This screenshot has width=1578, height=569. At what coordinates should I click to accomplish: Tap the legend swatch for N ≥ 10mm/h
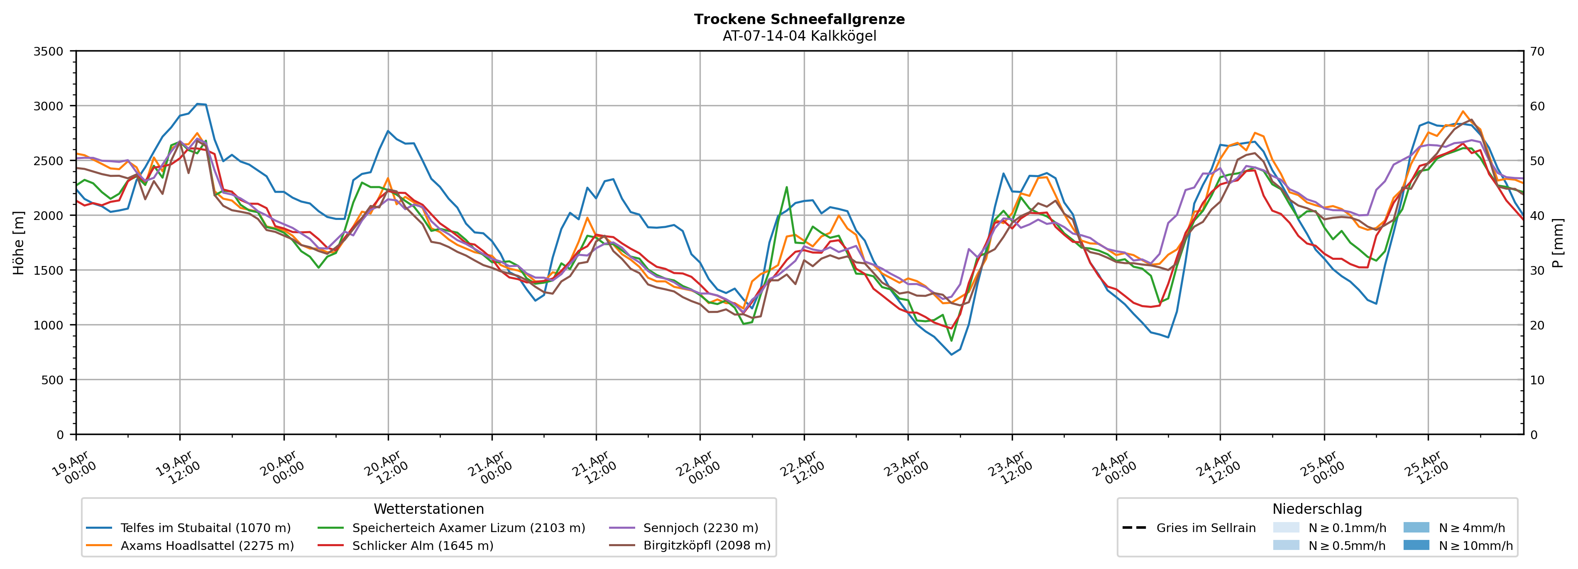pyautogui.click(x=1416, y=545)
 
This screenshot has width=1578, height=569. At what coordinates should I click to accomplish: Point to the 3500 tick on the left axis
pyautogui.click(x=49, y=51)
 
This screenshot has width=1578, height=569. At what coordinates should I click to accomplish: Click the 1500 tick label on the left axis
pyautogui.click(x=49, y=270)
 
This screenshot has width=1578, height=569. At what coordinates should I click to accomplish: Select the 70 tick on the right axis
pyautogui.click(x=1537, y=51)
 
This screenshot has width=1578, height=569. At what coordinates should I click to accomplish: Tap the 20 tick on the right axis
pyautogui.click(x=1537, y=325)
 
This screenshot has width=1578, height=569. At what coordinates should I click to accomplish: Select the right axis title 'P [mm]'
pyautogui.click(x=1558, y=243)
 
